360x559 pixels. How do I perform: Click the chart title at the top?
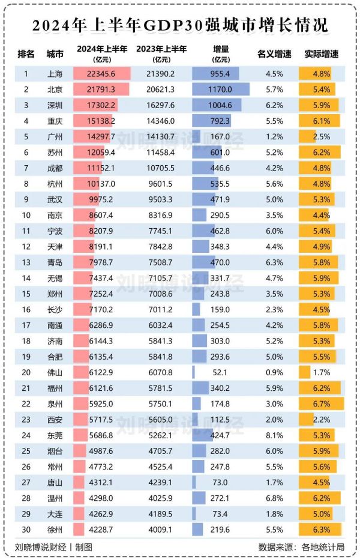180,26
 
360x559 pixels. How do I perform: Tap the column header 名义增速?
274,54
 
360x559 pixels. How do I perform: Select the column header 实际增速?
322,54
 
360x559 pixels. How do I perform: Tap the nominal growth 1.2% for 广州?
274,136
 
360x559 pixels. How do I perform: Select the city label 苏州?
55,153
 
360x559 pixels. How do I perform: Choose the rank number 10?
26,214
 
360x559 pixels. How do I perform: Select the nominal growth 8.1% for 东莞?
274,433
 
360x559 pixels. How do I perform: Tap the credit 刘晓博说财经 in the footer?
39,547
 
